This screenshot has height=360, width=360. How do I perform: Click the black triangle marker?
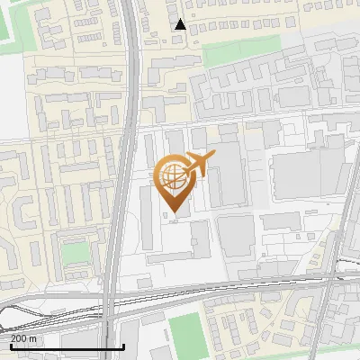point(180,24)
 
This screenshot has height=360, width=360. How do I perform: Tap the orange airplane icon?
point(199,164)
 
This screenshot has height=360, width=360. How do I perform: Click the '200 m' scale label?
point(23,338)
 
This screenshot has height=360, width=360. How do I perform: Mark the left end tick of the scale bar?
point(10,346)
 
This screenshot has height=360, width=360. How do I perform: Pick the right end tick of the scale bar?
point(123,346)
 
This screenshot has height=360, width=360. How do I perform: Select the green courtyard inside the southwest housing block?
point(77,251)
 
